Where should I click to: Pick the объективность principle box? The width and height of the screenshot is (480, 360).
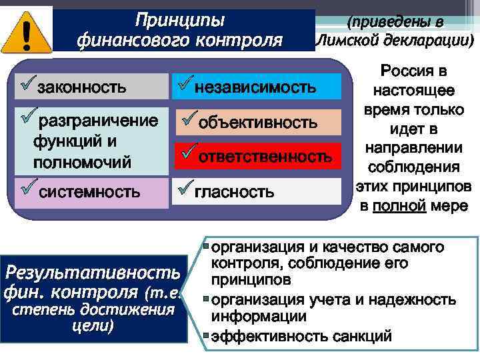point(257,123)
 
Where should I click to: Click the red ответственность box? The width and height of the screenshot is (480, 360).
point(257,156)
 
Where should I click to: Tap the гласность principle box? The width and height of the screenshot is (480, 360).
point(257,192)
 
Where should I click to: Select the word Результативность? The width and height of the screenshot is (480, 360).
point(92,272)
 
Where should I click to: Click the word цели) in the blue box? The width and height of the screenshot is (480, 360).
point(93,326)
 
